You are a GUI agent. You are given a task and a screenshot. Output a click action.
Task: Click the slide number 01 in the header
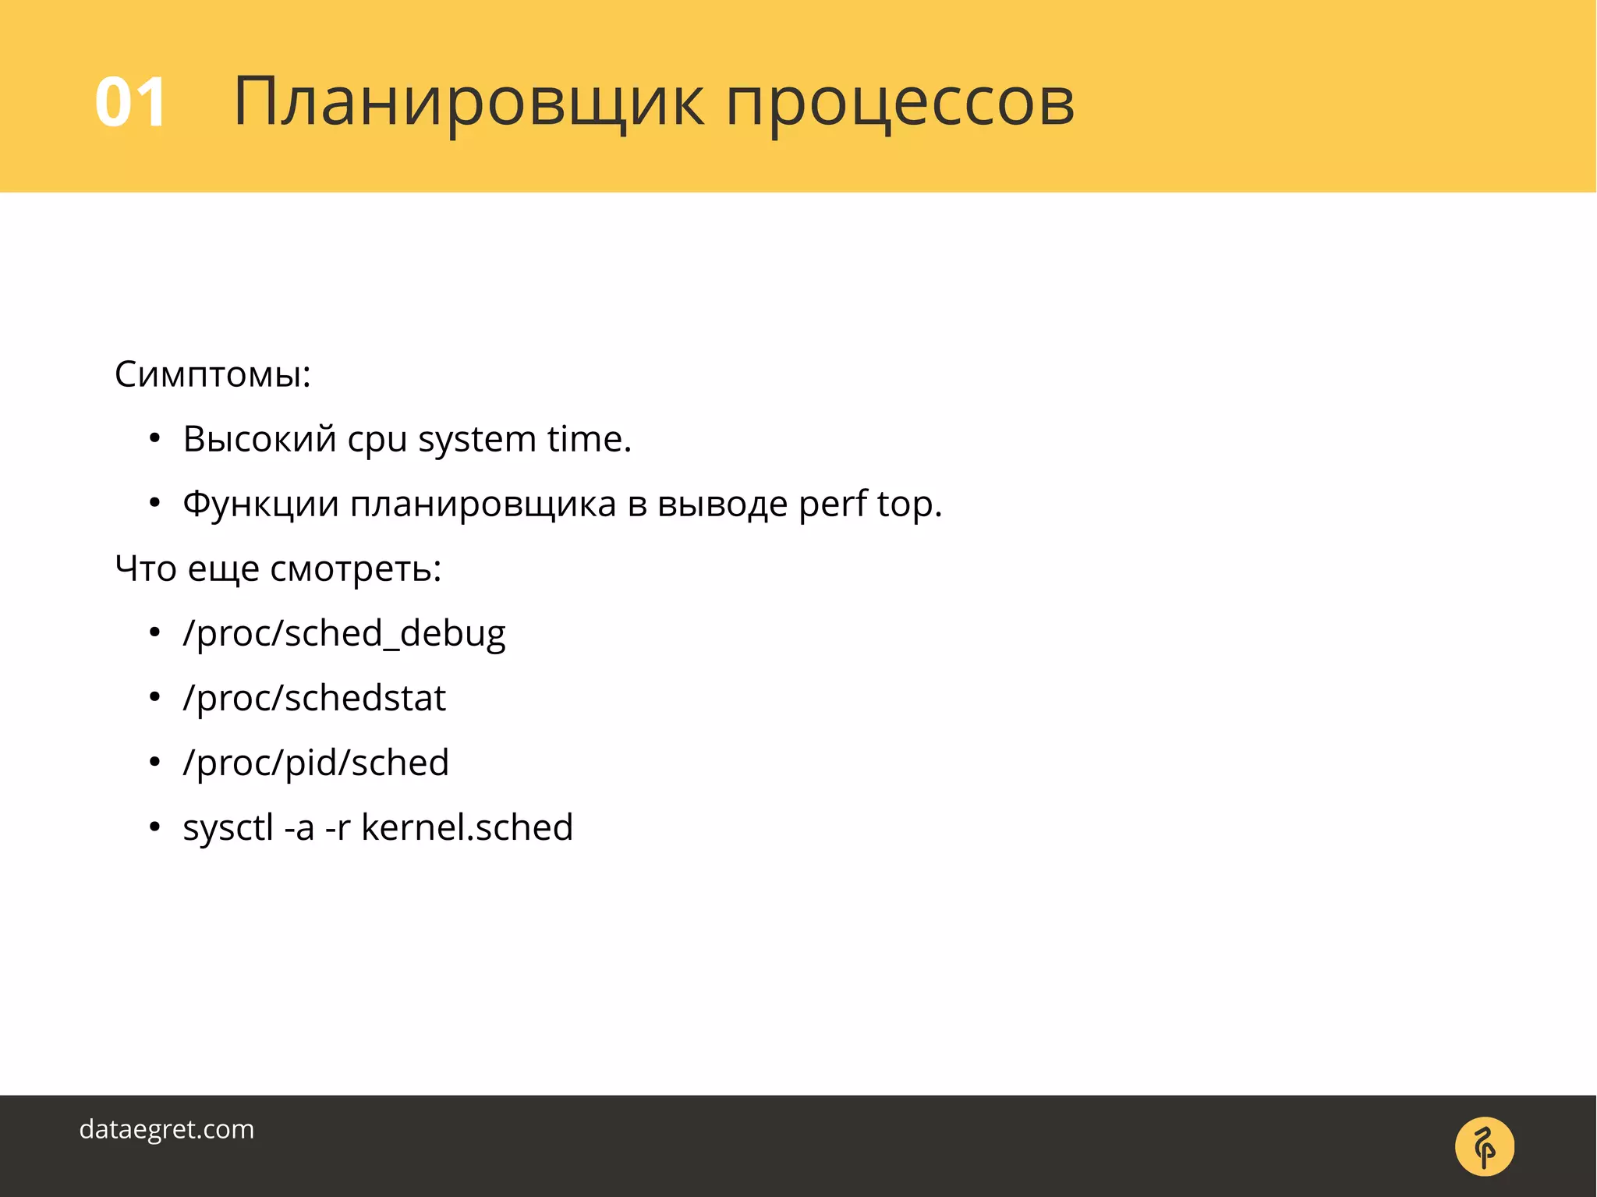(x=130, y=102)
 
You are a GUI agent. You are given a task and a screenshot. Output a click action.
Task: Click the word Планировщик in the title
(x=468, y=102)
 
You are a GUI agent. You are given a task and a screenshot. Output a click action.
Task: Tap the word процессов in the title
(x=900, y=105)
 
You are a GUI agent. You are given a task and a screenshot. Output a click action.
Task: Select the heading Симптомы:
(x=213, y=374)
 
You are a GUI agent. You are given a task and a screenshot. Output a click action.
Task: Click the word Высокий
(x=260, y=439)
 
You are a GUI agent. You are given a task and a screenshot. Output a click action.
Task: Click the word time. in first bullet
(x=589, y=439)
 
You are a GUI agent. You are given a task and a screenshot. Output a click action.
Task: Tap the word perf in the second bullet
(x=832, y=505)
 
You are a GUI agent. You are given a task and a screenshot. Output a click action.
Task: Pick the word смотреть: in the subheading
(x=356, y=568)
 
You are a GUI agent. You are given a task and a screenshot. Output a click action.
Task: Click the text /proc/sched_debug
(x=344, y=633)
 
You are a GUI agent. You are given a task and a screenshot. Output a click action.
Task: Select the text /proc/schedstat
(x=314, y=698)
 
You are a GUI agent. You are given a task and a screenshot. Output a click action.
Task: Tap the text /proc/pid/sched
(x=316, y=763)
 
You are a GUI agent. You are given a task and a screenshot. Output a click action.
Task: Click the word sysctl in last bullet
(x=228, y=828)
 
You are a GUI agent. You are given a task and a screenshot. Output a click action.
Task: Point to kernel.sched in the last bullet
(x=466, y=827)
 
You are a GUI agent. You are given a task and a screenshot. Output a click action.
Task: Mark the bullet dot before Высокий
(x=154, y=438)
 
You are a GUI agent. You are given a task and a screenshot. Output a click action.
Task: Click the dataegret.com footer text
(x=167, y=1129)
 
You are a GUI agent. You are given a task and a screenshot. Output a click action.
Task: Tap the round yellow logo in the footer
(x=1484, y=1146)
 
